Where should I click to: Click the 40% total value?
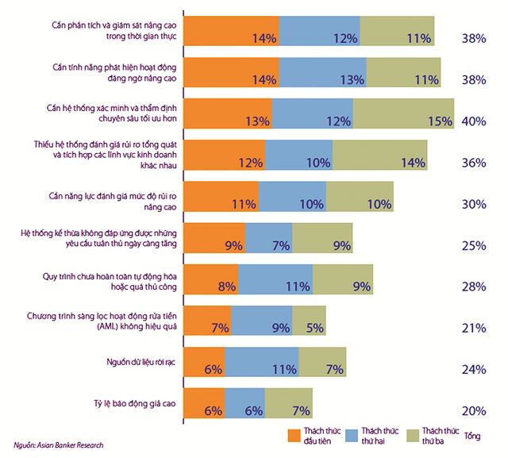tap(473, 121)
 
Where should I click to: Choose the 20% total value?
tap(473, 410)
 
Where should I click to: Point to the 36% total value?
tap(473, 163)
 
